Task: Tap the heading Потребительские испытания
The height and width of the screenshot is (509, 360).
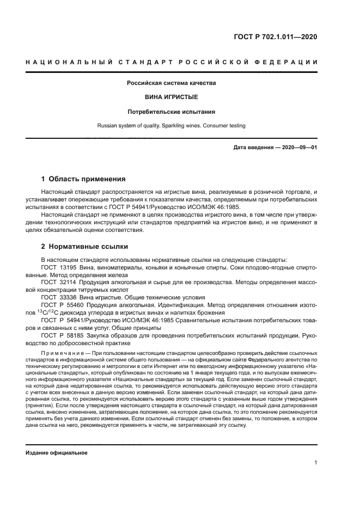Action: click(172, 111)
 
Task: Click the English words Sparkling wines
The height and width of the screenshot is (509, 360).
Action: click(181, 125)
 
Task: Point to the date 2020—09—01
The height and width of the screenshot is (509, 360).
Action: click(298, 148)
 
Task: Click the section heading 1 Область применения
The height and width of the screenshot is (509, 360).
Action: click(83, 179)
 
